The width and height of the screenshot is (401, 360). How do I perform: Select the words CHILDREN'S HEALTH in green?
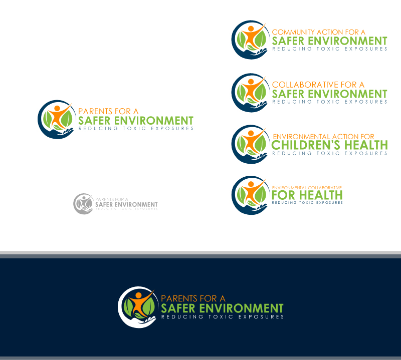[329, 145]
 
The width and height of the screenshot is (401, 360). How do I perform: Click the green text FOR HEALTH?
[307, 195]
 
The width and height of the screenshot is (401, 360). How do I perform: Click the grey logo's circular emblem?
[83, 203]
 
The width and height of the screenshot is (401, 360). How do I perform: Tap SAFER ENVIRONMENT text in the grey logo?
[126, 204]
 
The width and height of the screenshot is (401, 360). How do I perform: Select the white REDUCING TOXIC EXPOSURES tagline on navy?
[222, 317]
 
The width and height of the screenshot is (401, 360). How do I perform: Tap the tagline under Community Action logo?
[329, 49]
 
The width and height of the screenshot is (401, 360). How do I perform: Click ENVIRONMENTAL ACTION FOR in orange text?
[323, 137]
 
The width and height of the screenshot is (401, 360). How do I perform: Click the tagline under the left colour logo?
[135, 129]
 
